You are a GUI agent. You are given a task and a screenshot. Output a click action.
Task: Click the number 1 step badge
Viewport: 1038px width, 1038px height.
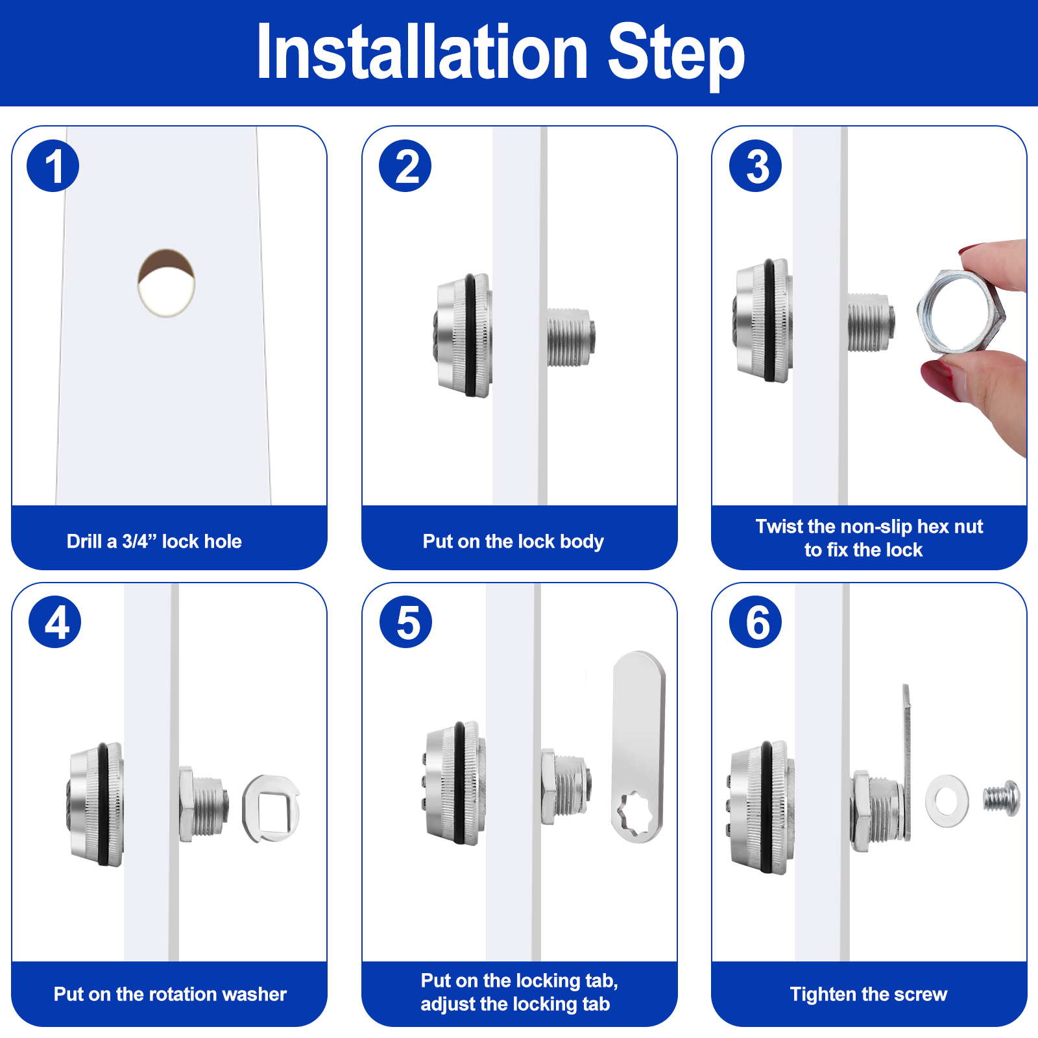53,166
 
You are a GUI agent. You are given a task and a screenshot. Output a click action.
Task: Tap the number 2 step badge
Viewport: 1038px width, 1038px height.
405,166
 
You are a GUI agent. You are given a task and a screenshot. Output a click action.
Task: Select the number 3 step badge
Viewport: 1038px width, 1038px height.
756,166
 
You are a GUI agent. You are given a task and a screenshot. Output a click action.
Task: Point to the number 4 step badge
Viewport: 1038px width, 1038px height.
55,622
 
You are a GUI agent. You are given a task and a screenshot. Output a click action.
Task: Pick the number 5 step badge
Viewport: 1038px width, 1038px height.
406,622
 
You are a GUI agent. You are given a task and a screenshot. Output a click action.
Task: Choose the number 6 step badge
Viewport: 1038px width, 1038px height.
756,622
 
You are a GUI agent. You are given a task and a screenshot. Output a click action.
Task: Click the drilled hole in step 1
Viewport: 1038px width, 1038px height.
166,283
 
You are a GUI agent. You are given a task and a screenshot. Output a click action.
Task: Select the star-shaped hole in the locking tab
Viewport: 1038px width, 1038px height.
636,815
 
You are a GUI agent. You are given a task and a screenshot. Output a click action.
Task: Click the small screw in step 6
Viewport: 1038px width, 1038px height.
1002,799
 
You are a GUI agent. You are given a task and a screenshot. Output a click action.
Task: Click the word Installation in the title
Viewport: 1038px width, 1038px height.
422,53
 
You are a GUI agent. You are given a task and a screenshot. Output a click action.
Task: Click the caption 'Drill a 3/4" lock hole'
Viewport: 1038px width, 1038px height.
154,541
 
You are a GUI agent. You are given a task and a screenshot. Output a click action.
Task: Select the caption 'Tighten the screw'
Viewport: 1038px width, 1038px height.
869,994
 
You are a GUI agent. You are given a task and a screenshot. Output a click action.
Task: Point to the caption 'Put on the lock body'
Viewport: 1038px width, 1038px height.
513,542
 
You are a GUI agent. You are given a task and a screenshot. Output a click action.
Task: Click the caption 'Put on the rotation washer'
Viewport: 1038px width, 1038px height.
170,994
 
